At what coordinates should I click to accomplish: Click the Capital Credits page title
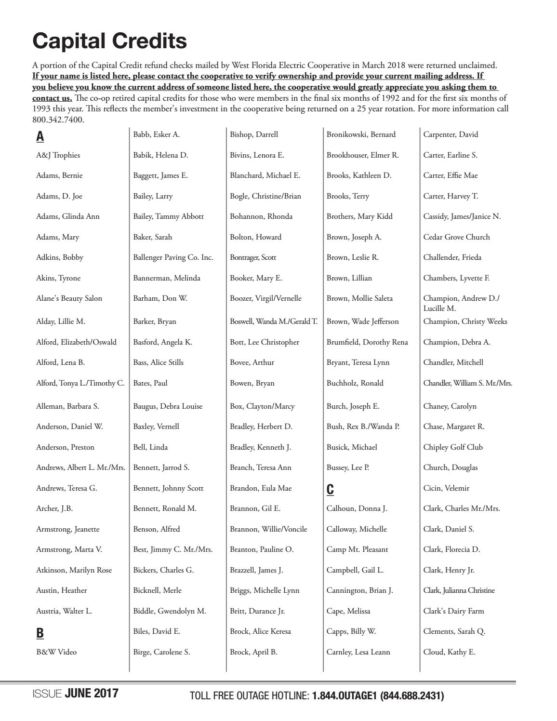(109, 41)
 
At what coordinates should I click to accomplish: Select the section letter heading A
(40, 136)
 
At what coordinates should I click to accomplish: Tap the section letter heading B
(40, 633)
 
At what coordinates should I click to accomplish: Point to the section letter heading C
(330, 490)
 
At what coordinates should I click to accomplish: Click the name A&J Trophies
(58, 155)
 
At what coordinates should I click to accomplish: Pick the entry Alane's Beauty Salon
(69, 298)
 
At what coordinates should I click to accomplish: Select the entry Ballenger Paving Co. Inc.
(173, 257)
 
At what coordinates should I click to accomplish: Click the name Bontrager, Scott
(253, 257)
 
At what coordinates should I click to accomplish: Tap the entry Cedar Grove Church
(456, 237)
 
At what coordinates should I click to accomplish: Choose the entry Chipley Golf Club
(453, 447)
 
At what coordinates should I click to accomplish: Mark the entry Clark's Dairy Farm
(453, 611)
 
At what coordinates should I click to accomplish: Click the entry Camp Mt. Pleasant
(357, 549)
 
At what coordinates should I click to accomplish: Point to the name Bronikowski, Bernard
(361, 134)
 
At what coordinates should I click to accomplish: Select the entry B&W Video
(56, 652)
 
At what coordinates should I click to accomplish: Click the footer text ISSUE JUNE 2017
(75, 694)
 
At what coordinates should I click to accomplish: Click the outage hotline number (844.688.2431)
(412, 696)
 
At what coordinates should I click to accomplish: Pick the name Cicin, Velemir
(446, 488)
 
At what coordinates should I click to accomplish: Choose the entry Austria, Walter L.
(64, 611)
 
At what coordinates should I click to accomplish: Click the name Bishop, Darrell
(254, 134)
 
